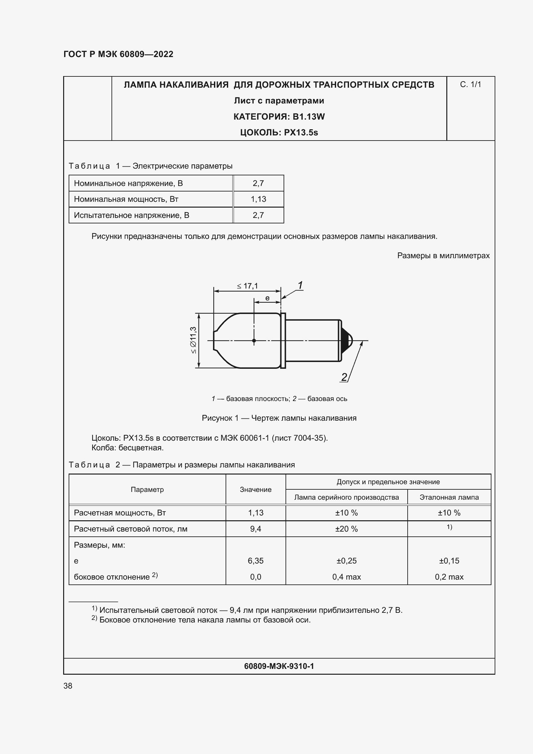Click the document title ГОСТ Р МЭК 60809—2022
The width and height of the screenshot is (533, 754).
coord(118,54)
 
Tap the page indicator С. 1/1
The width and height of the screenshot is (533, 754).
coord(470,84)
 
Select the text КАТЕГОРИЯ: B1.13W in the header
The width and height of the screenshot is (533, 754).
coord(279,117)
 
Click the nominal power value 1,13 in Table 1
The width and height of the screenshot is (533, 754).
coord(258,199)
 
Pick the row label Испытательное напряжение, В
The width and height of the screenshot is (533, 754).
coord(131,215)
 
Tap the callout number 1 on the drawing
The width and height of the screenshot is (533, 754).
coord(300,285)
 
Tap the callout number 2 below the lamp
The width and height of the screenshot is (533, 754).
coord(344,377)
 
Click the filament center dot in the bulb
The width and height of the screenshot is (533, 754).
coord(254,340)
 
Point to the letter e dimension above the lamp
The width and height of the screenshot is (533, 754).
coord(267,298)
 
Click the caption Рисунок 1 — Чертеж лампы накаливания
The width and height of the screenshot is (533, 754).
coord(279,418)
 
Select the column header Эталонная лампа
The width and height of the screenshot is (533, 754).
coord(449,497)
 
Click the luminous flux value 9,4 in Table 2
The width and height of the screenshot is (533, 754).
coord(255,529)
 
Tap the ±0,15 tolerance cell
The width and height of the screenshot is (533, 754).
coord(449,561)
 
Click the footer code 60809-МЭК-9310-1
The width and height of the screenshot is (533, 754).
coord(279,666)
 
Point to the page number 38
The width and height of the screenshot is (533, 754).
coord(68,686)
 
